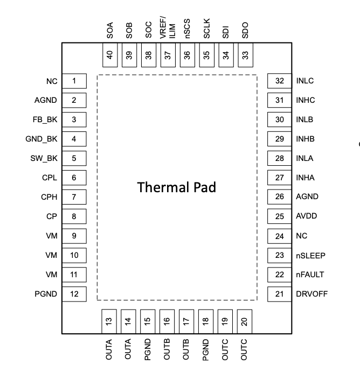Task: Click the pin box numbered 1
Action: (74, 81)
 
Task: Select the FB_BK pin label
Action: (45, 120)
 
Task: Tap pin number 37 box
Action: (168, 55)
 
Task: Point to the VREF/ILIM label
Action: (168, 27)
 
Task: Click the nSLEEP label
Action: (310, 256)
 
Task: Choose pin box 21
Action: (279, 294)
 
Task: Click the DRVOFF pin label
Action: (312, 294)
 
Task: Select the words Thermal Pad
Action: (177, 187)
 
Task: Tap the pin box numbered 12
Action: (74, 294)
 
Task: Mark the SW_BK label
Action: (44, 158)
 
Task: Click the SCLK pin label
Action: (207, 29)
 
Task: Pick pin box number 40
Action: (110, 55)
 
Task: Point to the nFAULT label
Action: (310, 275)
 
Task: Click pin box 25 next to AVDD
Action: (279, 216)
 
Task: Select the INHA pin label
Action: (305, 178)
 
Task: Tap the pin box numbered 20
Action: (245, 321)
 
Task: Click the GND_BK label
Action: (41, 139)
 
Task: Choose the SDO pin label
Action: (245, 30)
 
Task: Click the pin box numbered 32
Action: (279, 81)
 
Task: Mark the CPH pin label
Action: (49, 197)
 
